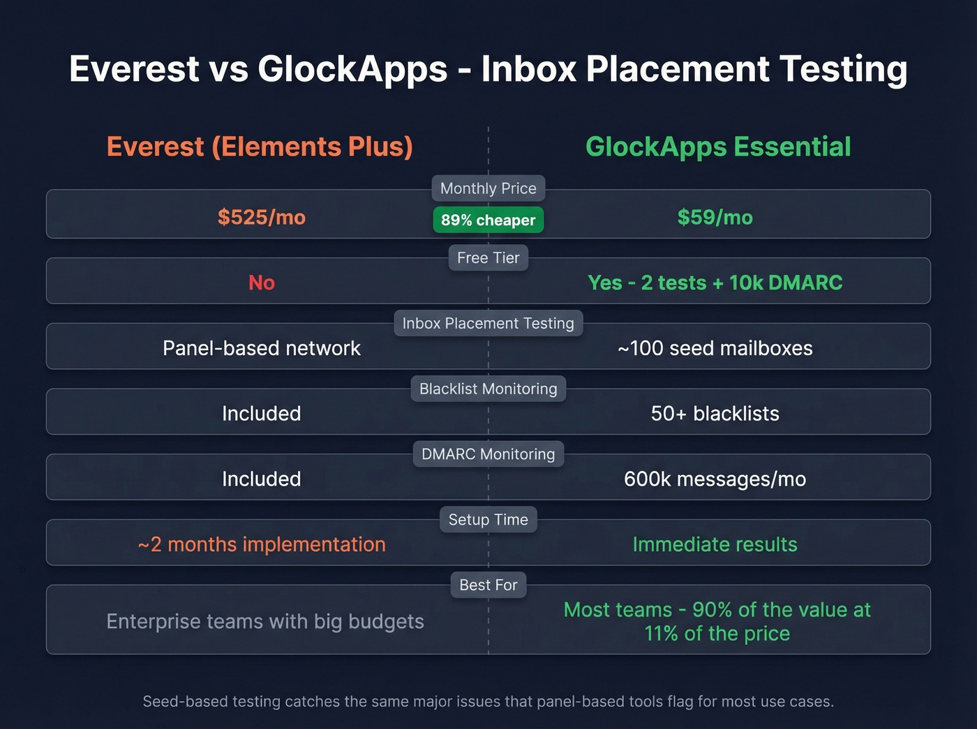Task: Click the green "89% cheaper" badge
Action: (488, 220)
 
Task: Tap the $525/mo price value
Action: (262, 218)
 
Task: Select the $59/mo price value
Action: (715, 218)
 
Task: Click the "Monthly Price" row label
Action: (488, 188)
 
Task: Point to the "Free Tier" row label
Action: (488, 258)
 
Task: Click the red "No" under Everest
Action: (262, 283)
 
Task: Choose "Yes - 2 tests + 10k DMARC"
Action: (715, 283)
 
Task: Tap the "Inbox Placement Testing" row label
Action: (488, 324)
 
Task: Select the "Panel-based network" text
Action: (262, 348)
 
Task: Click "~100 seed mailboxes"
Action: (715, 348)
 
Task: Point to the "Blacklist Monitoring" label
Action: (488, 389)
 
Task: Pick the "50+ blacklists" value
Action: (715, 414)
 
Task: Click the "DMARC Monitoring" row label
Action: (488, 454)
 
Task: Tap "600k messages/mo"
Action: (715, 479)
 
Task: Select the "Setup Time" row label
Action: (488, 520)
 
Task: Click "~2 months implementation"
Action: (262, 544)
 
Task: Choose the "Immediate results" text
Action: (715, 544)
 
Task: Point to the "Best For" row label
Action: (488, 585)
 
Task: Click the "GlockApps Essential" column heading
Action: (718, 147)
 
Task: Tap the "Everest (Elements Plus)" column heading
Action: (260, 147)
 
